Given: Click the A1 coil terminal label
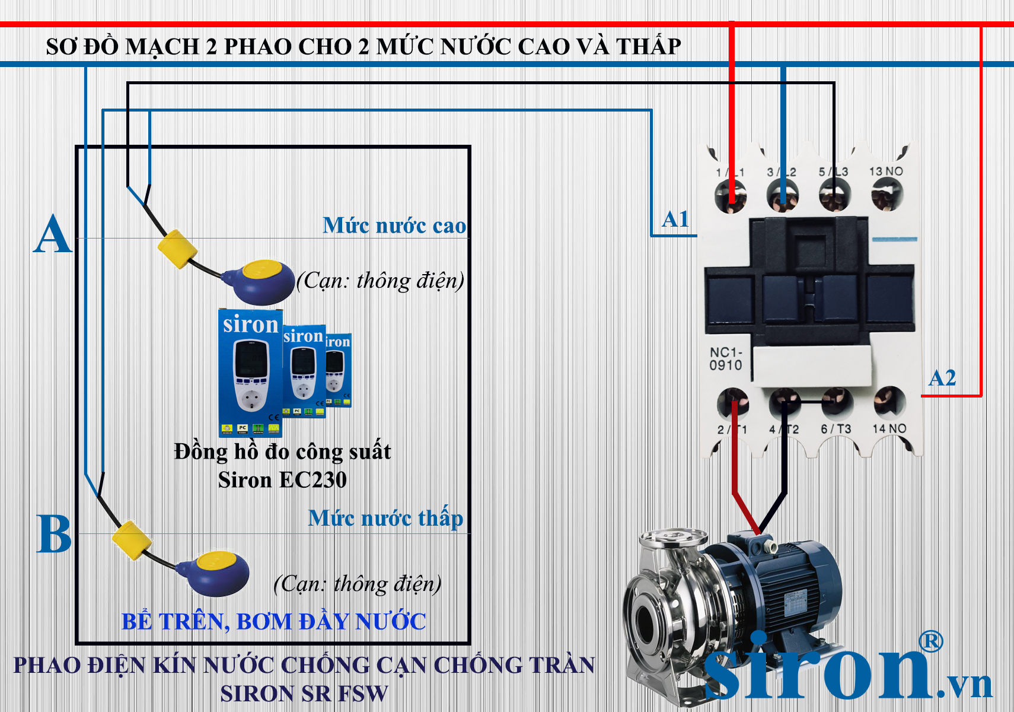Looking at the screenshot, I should [675, 219].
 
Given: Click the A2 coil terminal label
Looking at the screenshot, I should [942, 378].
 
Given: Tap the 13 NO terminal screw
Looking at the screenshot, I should [887, 195].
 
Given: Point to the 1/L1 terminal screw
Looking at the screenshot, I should [731, 196].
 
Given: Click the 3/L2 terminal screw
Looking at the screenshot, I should [783, 196].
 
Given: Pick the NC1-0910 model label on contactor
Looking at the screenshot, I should [725, 359].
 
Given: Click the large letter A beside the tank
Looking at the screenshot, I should [52, 234].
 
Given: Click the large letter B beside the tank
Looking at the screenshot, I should [53, 534].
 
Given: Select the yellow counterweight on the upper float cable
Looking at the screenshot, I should [177, 249].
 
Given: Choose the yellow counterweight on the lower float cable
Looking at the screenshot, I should [132, 540].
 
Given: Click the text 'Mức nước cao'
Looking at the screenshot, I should [394, 225].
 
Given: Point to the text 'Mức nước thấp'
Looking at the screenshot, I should [385, 518].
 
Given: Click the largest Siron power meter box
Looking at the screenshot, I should [250, 371].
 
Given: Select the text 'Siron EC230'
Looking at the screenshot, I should [282, 479].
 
